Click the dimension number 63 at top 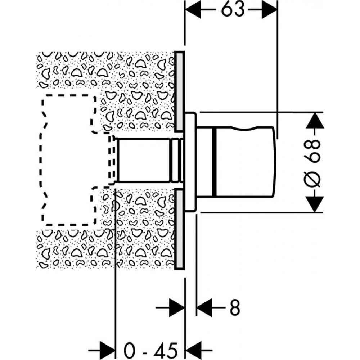coord(232,9)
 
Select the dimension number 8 coord(234,307)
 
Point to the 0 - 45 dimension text coord(150,350)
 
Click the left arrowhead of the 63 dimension coord(193,9)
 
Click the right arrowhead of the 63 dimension coord(270,9)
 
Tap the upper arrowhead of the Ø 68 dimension coord(315,120)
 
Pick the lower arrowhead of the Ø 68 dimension coord(315,204)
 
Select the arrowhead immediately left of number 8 coord(204,307)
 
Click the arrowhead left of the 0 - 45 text coord(107,350)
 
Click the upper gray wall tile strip coord(179,91)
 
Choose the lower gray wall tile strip coord(179,229)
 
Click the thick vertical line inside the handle coord(214,162)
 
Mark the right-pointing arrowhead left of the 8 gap coord(177,307)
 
